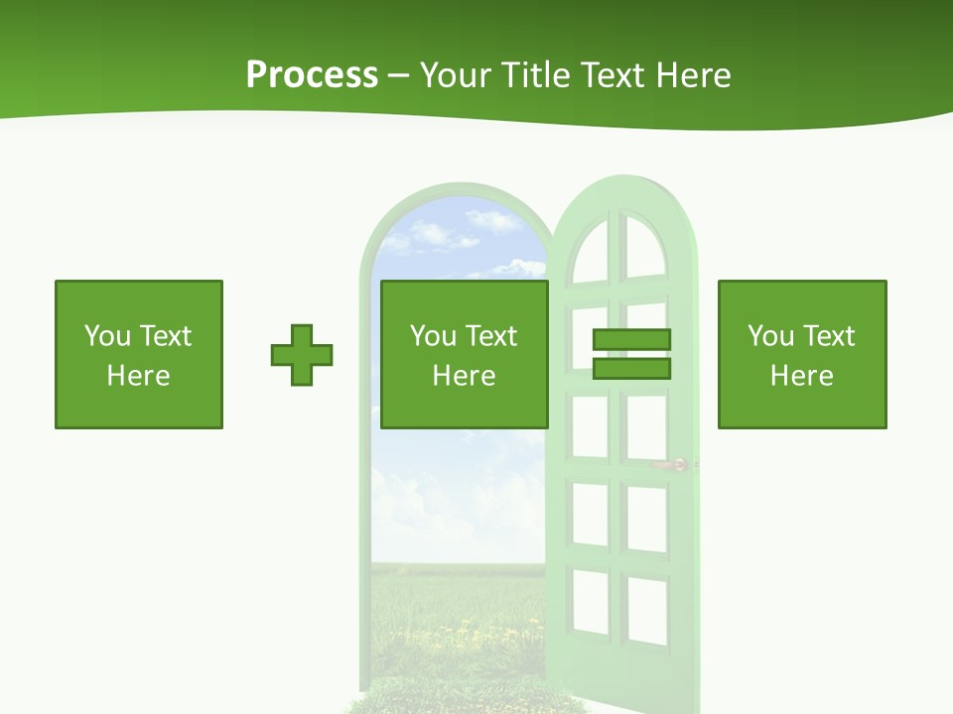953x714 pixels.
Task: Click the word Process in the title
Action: [312, 75]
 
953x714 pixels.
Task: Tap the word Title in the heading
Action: [535, 75]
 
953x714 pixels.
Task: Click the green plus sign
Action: [302, 355]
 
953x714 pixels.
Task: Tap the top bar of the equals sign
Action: [631, 339]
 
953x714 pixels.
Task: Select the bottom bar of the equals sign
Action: [631, 369]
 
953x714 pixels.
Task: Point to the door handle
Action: [676, 464]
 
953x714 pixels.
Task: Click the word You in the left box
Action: [107, 336]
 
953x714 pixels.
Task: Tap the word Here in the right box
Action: [801, 376]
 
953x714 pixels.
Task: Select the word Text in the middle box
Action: [491, 336]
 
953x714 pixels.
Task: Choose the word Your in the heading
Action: [454, 75]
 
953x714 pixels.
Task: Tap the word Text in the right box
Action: [829, 336]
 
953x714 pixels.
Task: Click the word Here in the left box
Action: [138, 376]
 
